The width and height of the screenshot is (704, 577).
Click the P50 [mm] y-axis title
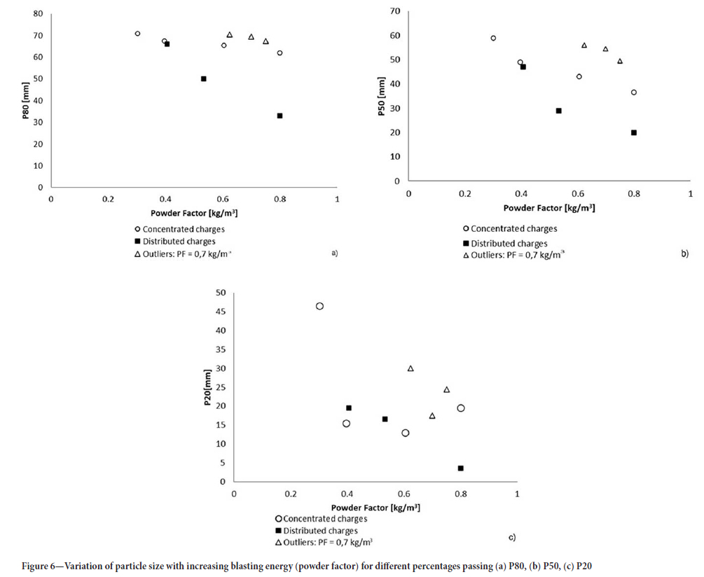[x=381, y=101]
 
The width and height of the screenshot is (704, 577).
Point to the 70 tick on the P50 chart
[x=396, y=11]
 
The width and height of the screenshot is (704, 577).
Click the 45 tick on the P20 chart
[x=221, y=312]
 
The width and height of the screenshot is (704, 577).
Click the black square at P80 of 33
[x=279, y=116]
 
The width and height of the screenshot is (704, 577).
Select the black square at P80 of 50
[x=204, y=78]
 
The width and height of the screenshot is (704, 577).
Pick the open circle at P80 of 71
[x=137, y=34]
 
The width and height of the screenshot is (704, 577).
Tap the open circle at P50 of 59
[x=493, y=39]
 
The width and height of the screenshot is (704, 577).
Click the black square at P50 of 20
[x=634, y=132]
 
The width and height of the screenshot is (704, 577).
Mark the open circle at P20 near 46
[x=319, y=306]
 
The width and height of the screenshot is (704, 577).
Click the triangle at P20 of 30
[x=410, y=368]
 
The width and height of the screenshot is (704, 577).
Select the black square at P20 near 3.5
[x=460, y=468]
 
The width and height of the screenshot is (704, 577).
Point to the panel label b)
[x=684, y=253]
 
